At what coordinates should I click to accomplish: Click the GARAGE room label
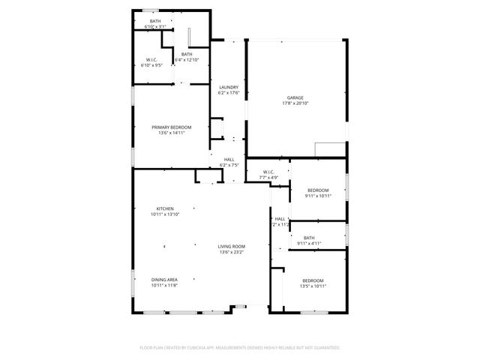click(x=295, y=97)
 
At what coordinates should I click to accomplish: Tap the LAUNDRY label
click(x=229, y=88)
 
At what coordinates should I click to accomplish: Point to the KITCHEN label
click(x=165, y=208)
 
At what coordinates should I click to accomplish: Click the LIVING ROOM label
click(x=232, y=247)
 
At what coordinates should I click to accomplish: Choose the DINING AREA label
click(x=165, y=280)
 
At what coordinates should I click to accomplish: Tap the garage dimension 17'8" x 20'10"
click(x=295, y=103)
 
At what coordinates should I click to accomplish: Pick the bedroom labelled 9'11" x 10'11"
click(x=318, y=193)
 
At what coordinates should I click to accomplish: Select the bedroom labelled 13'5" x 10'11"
click(x=313, y=283)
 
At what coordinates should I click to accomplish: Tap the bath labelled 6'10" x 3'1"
click(x=155, y=24)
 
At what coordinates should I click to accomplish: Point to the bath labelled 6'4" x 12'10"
click(x=186, y=57)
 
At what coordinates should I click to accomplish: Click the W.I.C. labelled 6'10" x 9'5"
click(x=151, y=62)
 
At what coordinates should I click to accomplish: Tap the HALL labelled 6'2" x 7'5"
click(x=229, y=162)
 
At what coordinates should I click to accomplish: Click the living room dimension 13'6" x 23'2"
click(x=232, y=252)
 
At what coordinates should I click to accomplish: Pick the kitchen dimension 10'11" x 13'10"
click(x=165, y=214)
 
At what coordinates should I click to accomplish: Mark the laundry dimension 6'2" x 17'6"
click(x=229, y=93)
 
